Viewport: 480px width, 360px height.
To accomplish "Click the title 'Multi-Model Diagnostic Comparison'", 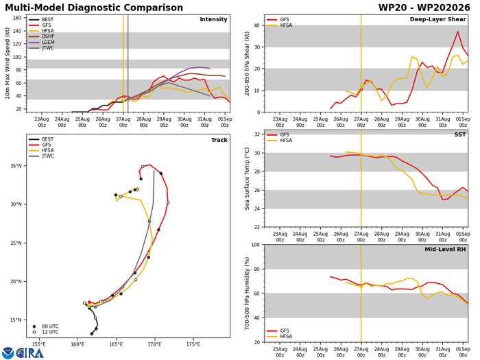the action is pos(94,8).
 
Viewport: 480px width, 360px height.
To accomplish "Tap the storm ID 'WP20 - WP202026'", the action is pos(424,8).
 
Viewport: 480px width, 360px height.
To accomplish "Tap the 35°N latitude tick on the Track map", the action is pos(16,166).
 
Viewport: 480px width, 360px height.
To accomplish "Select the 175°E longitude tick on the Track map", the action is pos(193,344).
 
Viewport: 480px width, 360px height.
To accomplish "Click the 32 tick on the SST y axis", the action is pos(257,134).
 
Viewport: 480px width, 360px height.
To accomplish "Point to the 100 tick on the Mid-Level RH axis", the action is pos(256,245).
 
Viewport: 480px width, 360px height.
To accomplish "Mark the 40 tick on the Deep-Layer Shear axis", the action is pos(257,25).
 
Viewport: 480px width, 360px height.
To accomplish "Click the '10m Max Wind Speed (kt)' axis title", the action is pos(7,63).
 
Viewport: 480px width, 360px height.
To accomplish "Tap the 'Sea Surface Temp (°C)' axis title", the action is pos(247,179).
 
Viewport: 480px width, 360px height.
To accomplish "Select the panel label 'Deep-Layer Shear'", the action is pos(437,19).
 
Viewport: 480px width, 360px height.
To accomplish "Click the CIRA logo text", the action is pos(29,353).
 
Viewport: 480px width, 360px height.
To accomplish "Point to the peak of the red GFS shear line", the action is pos(458,32).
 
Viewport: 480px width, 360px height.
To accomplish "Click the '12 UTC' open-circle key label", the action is pos(50,332).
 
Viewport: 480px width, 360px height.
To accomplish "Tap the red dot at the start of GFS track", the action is pos(89,302).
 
